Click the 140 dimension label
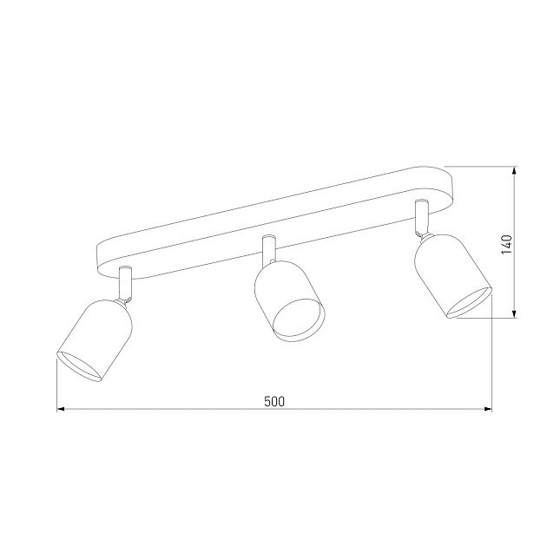pyautogui.click(x=507, y=243)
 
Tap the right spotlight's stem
pyautogui.click(x=423, y=213)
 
